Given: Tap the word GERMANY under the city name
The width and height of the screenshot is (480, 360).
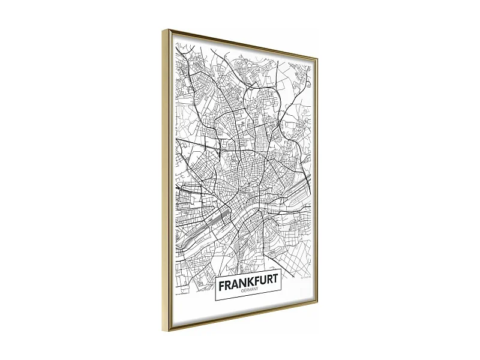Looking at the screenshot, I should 248,292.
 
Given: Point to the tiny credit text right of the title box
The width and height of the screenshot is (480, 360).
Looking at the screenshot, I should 305,278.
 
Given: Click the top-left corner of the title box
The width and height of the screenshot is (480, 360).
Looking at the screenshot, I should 215,274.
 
